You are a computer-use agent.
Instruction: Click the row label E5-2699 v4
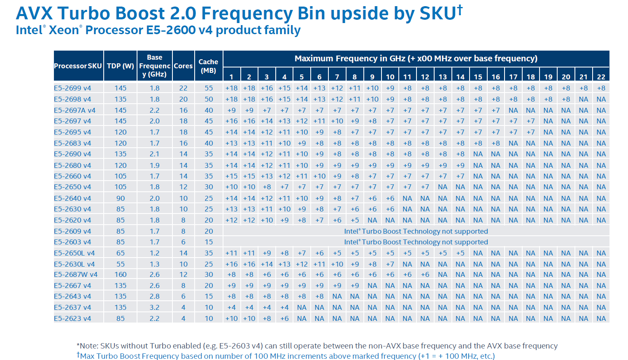(72, 88)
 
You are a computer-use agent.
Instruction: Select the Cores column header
(183, 66)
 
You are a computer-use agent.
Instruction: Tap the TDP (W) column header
(120, 66)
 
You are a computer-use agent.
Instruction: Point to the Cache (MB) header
(208, 66)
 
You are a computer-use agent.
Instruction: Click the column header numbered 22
(601, 77)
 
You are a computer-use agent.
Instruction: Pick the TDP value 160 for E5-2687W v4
(120, 274)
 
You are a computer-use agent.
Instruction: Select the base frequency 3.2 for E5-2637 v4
(154, 307)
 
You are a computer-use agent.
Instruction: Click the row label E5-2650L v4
(74, 253)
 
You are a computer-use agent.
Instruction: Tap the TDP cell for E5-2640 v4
(120, 198)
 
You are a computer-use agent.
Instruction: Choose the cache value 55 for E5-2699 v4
(209, 88)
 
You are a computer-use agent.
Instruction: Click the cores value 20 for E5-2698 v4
(183, 99)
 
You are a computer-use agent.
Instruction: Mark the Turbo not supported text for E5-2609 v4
(416, 231)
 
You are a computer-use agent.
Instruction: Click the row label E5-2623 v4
(72, 318)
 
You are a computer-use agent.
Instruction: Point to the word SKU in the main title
(437, 14)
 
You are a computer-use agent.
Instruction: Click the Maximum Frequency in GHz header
(416, 58)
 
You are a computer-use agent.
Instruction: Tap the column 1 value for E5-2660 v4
(231, 176)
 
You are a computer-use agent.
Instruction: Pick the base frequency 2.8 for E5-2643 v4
(154, 296)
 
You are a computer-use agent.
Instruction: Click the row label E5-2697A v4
(74, 110)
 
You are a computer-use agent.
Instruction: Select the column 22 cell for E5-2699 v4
(601, 88)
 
